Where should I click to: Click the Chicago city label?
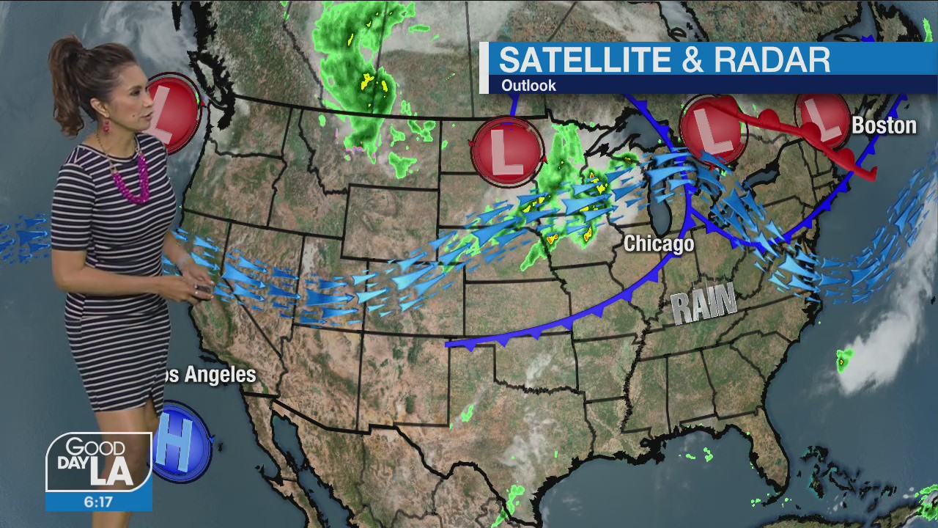click(658, 244)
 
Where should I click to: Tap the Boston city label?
click(884, 125)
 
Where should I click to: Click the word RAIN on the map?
click(704, 304)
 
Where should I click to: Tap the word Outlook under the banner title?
click(528, 86)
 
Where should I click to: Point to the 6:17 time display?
click(98, 502)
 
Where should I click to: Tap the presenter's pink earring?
click(106, 125)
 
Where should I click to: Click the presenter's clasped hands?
click(196, 282)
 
